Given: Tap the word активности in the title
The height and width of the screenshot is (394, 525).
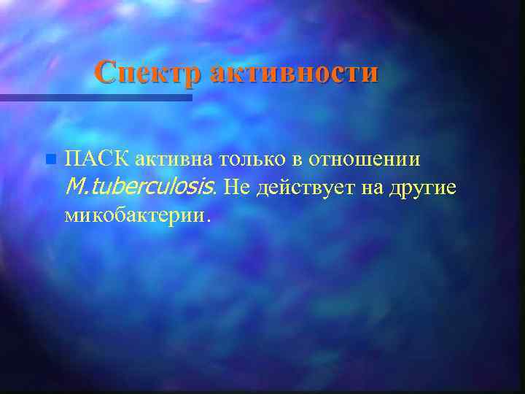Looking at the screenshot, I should [x=294, y=73].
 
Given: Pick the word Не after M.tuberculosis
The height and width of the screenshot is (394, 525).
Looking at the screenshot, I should [x=236, y=188].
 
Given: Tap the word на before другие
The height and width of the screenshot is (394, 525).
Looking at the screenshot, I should [x=367, y=188].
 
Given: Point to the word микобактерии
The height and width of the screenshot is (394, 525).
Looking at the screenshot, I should [x=134, y=216].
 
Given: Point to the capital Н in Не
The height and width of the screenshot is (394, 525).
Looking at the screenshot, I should [x=230, y=188].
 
